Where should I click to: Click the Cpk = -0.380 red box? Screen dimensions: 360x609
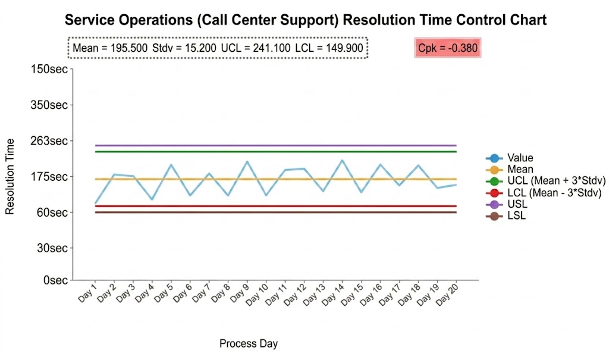coord(448,48)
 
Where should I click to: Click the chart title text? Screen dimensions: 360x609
coord(305,20)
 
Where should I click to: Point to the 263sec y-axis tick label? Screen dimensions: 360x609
coord(49,141)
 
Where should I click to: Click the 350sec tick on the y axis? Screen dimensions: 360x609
coord(49,105)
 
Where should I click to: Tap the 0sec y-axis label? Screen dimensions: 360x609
coord(54,280)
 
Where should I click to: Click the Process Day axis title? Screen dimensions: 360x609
coord(249,343)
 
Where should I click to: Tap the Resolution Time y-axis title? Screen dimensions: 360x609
coord(10,176)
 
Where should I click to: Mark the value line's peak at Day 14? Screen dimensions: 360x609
coord(342,160)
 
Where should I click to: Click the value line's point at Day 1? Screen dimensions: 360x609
coord(96,204)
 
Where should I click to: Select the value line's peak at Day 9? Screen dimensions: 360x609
coord(247,161)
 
